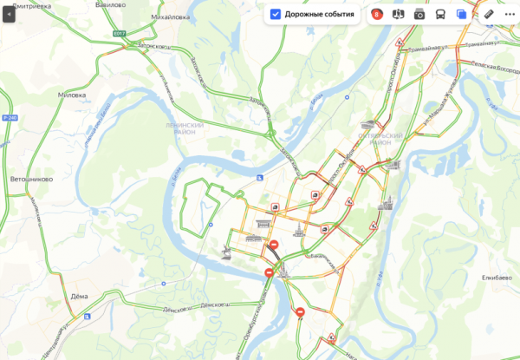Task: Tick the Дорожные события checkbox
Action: coord(276,14)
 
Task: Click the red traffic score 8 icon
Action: coord(377,14)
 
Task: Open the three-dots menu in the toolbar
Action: coord(510,14)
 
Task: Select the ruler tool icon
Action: coord(488,14)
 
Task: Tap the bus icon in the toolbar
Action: coord(440,14)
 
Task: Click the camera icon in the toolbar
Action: coord(419,14)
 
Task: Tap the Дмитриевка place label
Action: coord(32,4)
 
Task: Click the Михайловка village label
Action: coord(172,16)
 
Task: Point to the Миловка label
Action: coord(71,95)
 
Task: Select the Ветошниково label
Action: coord(31,179)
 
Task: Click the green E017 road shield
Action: coord(119,35)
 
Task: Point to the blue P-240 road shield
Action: coord(10,116)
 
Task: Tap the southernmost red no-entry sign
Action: coord(300,312)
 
